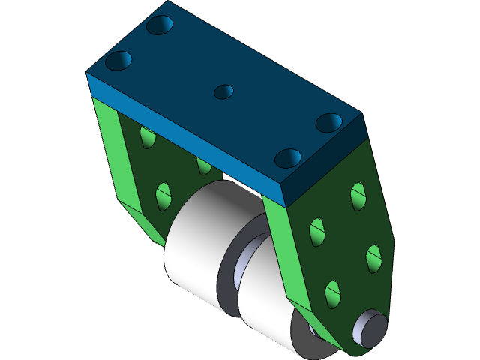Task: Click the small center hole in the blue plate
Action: [223, 91]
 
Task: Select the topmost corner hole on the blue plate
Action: [160, 25]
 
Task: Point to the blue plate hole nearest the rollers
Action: [287, 158]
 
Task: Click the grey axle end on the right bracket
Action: [370, 328]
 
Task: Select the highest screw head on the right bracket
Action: [358, 194]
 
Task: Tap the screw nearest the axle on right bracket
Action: [333, 292]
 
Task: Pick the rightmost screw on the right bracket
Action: [374, 258]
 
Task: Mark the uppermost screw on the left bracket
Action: [148, 137]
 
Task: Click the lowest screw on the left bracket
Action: [163, 196]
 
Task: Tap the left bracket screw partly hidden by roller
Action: [203, 164]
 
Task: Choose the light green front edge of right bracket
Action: [289, 255]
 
